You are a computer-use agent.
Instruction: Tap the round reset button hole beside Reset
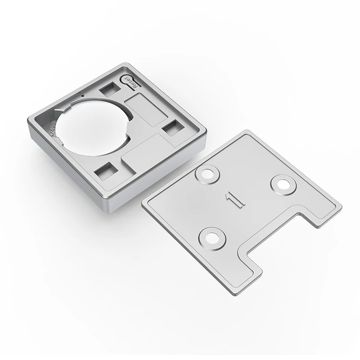(126, 79)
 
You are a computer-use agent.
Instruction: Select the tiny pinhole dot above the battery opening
(82, 96)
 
